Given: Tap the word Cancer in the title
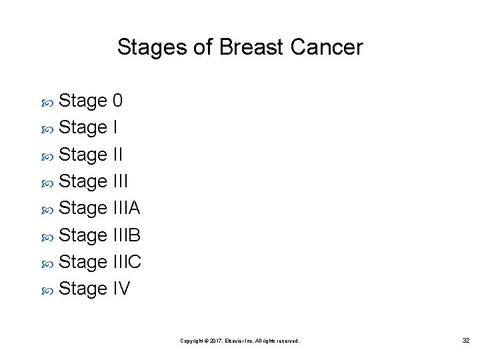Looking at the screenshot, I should coord(327,47).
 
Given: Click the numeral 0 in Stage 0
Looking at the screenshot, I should coord(117,101).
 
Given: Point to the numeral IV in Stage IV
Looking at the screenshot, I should coord(121,289).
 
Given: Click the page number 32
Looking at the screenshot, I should coord(466,341).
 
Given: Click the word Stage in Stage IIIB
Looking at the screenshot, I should coord(83,236).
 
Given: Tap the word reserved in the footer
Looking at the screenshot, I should coord(287,341).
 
